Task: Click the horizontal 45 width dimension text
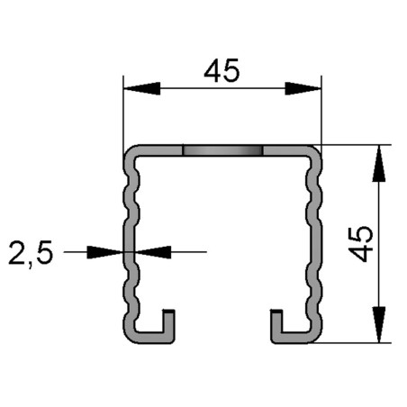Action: click(222, 70)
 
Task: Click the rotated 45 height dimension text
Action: click(361, 243)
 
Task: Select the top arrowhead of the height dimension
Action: click(380, 162)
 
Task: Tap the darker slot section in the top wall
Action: click(222, 150)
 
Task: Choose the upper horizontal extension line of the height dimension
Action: click(356, 144)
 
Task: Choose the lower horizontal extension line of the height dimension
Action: click(356, 342)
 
